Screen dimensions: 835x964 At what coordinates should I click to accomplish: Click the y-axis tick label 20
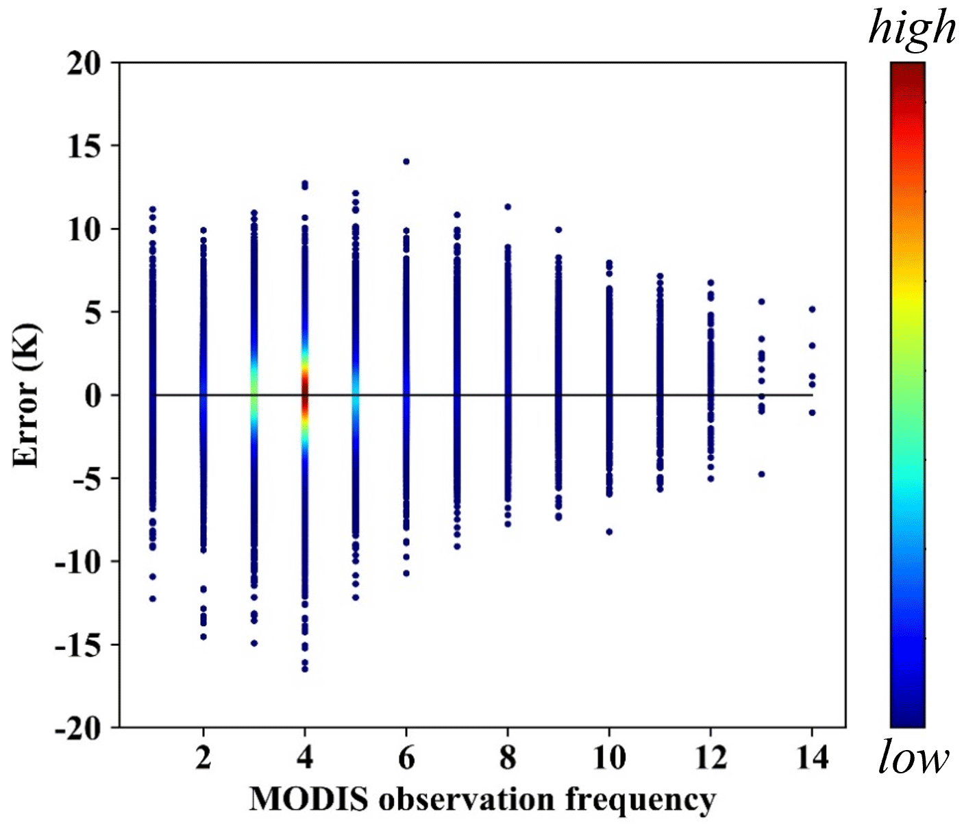84,64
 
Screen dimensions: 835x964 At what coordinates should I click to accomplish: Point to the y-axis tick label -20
78,728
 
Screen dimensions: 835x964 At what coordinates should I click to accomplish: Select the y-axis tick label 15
84,147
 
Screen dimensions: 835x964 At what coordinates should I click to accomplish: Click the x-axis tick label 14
812,758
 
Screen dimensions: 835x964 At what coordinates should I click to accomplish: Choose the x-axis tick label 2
203,758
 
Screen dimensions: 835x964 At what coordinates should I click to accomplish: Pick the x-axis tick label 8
508,758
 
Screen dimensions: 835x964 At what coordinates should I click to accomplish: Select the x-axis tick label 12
710,758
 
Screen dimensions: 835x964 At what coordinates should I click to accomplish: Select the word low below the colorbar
913,758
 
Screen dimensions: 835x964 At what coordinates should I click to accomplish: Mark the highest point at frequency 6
406,162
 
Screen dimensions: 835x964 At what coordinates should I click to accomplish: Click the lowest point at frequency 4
305,669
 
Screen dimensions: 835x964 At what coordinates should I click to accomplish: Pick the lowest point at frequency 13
761,474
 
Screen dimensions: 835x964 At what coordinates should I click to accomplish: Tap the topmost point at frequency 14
812,310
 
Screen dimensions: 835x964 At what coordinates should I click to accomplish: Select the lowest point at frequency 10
609,532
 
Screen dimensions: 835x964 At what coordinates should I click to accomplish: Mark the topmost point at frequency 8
508,207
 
